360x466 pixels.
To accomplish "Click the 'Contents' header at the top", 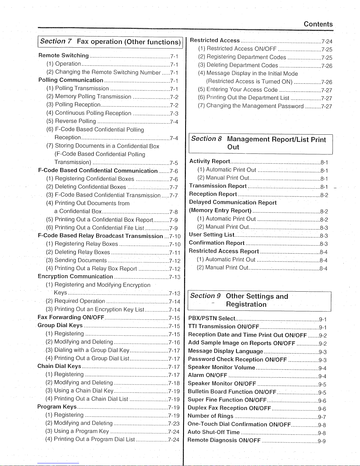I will [x=318, y=24].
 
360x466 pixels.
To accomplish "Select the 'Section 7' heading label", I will [x=56, y=41].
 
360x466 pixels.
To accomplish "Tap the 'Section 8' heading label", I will [x=206, y=139].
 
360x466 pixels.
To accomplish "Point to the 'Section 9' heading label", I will [x=205, y=296].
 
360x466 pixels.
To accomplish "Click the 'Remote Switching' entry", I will [x=63, y=56].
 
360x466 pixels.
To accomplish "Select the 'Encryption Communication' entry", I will [x=75, y=277].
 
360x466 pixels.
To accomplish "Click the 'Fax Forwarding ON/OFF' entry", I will [x=71, y=317].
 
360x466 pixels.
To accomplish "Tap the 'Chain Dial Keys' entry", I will [x=59, y=366].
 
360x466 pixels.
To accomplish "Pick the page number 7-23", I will [x=174, y=424].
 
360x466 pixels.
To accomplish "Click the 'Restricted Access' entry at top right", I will [x=215, y=41].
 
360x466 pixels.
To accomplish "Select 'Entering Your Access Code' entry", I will [x=242, y=89].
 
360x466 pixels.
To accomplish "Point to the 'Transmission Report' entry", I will [x=218, y=186].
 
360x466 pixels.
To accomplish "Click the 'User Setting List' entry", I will [x=212, y=235].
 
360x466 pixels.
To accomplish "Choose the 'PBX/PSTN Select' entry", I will [x=212, y=318].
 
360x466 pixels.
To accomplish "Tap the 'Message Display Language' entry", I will [x=225, y=351].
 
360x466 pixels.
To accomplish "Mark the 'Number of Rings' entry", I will [x=210, y=416].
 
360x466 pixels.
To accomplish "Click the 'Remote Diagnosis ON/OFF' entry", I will [x=224, y=440].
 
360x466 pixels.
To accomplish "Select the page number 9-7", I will [x=322, y=417].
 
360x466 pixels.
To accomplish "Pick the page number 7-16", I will [x=174, y=343].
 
